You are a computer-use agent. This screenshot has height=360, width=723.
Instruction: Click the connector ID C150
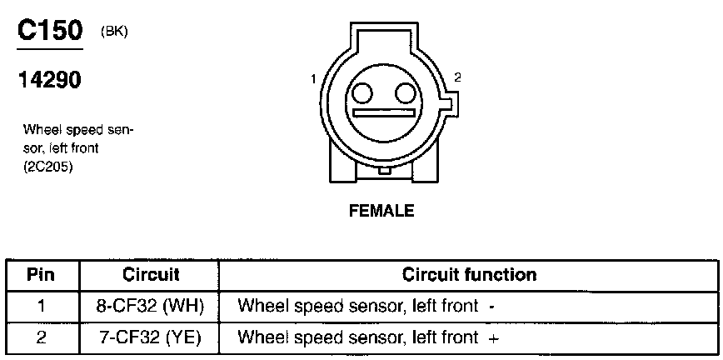50,31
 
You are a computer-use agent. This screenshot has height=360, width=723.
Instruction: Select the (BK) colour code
114,32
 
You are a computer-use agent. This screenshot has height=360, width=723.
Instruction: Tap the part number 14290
50,81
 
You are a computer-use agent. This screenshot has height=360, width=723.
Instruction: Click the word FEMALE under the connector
381,212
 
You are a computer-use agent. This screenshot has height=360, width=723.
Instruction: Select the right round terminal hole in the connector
405,92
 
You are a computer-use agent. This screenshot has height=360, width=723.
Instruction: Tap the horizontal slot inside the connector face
383,112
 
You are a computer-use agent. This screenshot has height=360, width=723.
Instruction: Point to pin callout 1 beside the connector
312,79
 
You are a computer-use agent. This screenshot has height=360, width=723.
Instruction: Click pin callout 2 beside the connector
457,77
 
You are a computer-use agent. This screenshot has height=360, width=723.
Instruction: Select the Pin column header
42,275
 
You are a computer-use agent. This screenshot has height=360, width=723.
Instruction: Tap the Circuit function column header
469,275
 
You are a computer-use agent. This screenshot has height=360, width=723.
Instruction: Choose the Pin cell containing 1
42,306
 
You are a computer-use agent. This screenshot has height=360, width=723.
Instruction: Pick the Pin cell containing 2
42,337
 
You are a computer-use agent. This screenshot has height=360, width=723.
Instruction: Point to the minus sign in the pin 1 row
492,307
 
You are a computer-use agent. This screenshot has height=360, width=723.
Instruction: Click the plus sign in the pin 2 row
494,338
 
